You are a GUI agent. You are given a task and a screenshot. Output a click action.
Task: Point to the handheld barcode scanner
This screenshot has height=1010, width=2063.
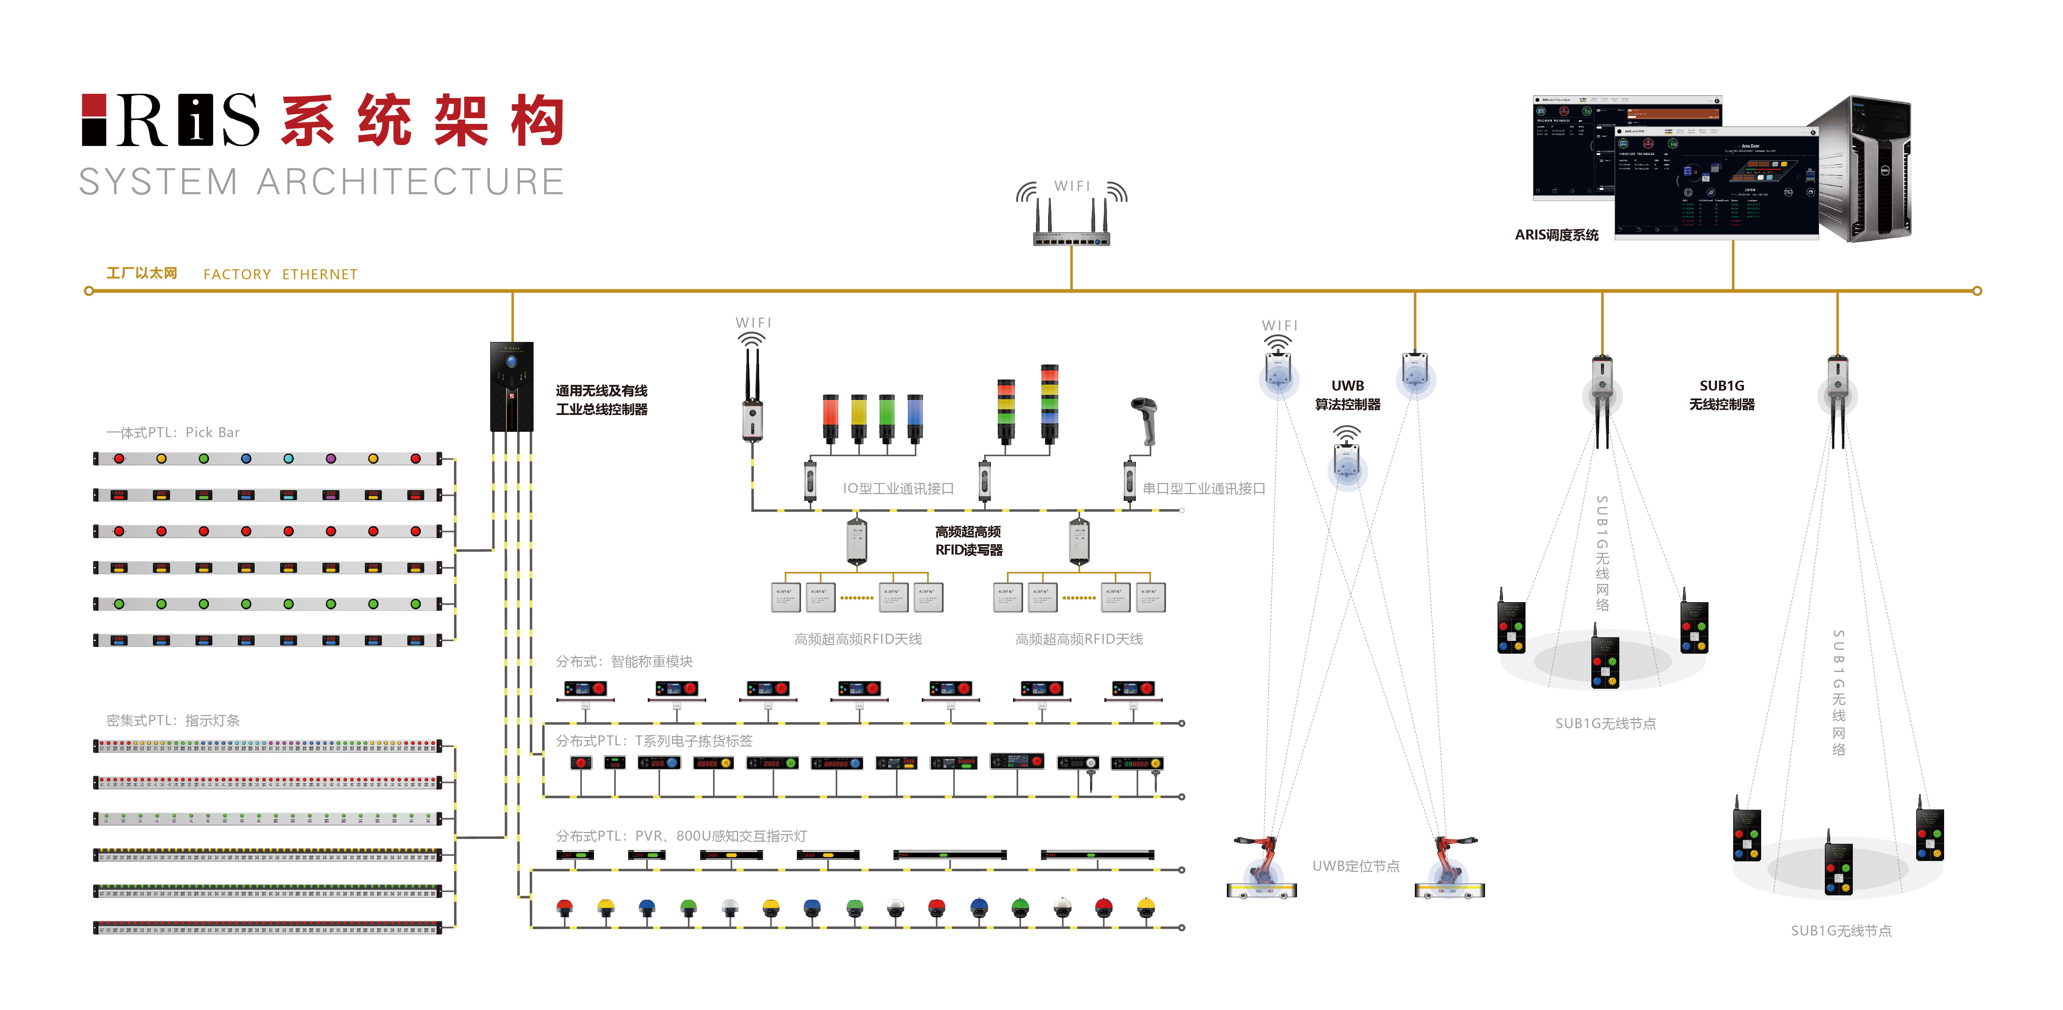coord(1144,420)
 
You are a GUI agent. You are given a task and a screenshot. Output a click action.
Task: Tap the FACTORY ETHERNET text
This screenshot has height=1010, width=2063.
coord(280,274)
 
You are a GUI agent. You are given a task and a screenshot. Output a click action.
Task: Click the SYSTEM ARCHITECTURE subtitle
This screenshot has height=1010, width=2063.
coord(321,182)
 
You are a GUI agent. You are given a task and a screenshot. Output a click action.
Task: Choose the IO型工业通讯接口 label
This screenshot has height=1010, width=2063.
coord(898,489)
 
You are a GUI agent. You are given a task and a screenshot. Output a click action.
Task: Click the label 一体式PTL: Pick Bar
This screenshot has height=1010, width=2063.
coord(173,432)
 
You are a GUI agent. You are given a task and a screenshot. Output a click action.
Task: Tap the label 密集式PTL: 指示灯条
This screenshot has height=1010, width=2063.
coord(173,720)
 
